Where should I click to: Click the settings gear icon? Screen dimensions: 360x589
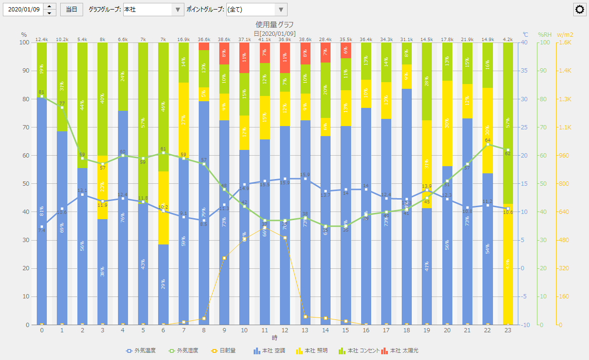click(x=580, y=10)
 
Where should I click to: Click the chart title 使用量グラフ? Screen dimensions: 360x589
click(x=275, y=24)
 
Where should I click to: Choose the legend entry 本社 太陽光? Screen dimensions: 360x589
click(x=399, y=350)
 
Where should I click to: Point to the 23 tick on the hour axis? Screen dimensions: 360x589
click(x=508, y=330)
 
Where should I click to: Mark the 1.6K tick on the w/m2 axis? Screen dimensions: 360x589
click(x=565, y=42)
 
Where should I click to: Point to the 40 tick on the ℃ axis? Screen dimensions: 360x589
click(x=525, y=42)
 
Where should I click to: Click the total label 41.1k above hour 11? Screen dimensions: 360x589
click(x=264, y=39)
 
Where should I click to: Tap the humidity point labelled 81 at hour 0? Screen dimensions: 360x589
click(x=42, y=96)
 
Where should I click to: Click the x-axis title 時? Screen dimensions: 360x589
click(x=275, y=338)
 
